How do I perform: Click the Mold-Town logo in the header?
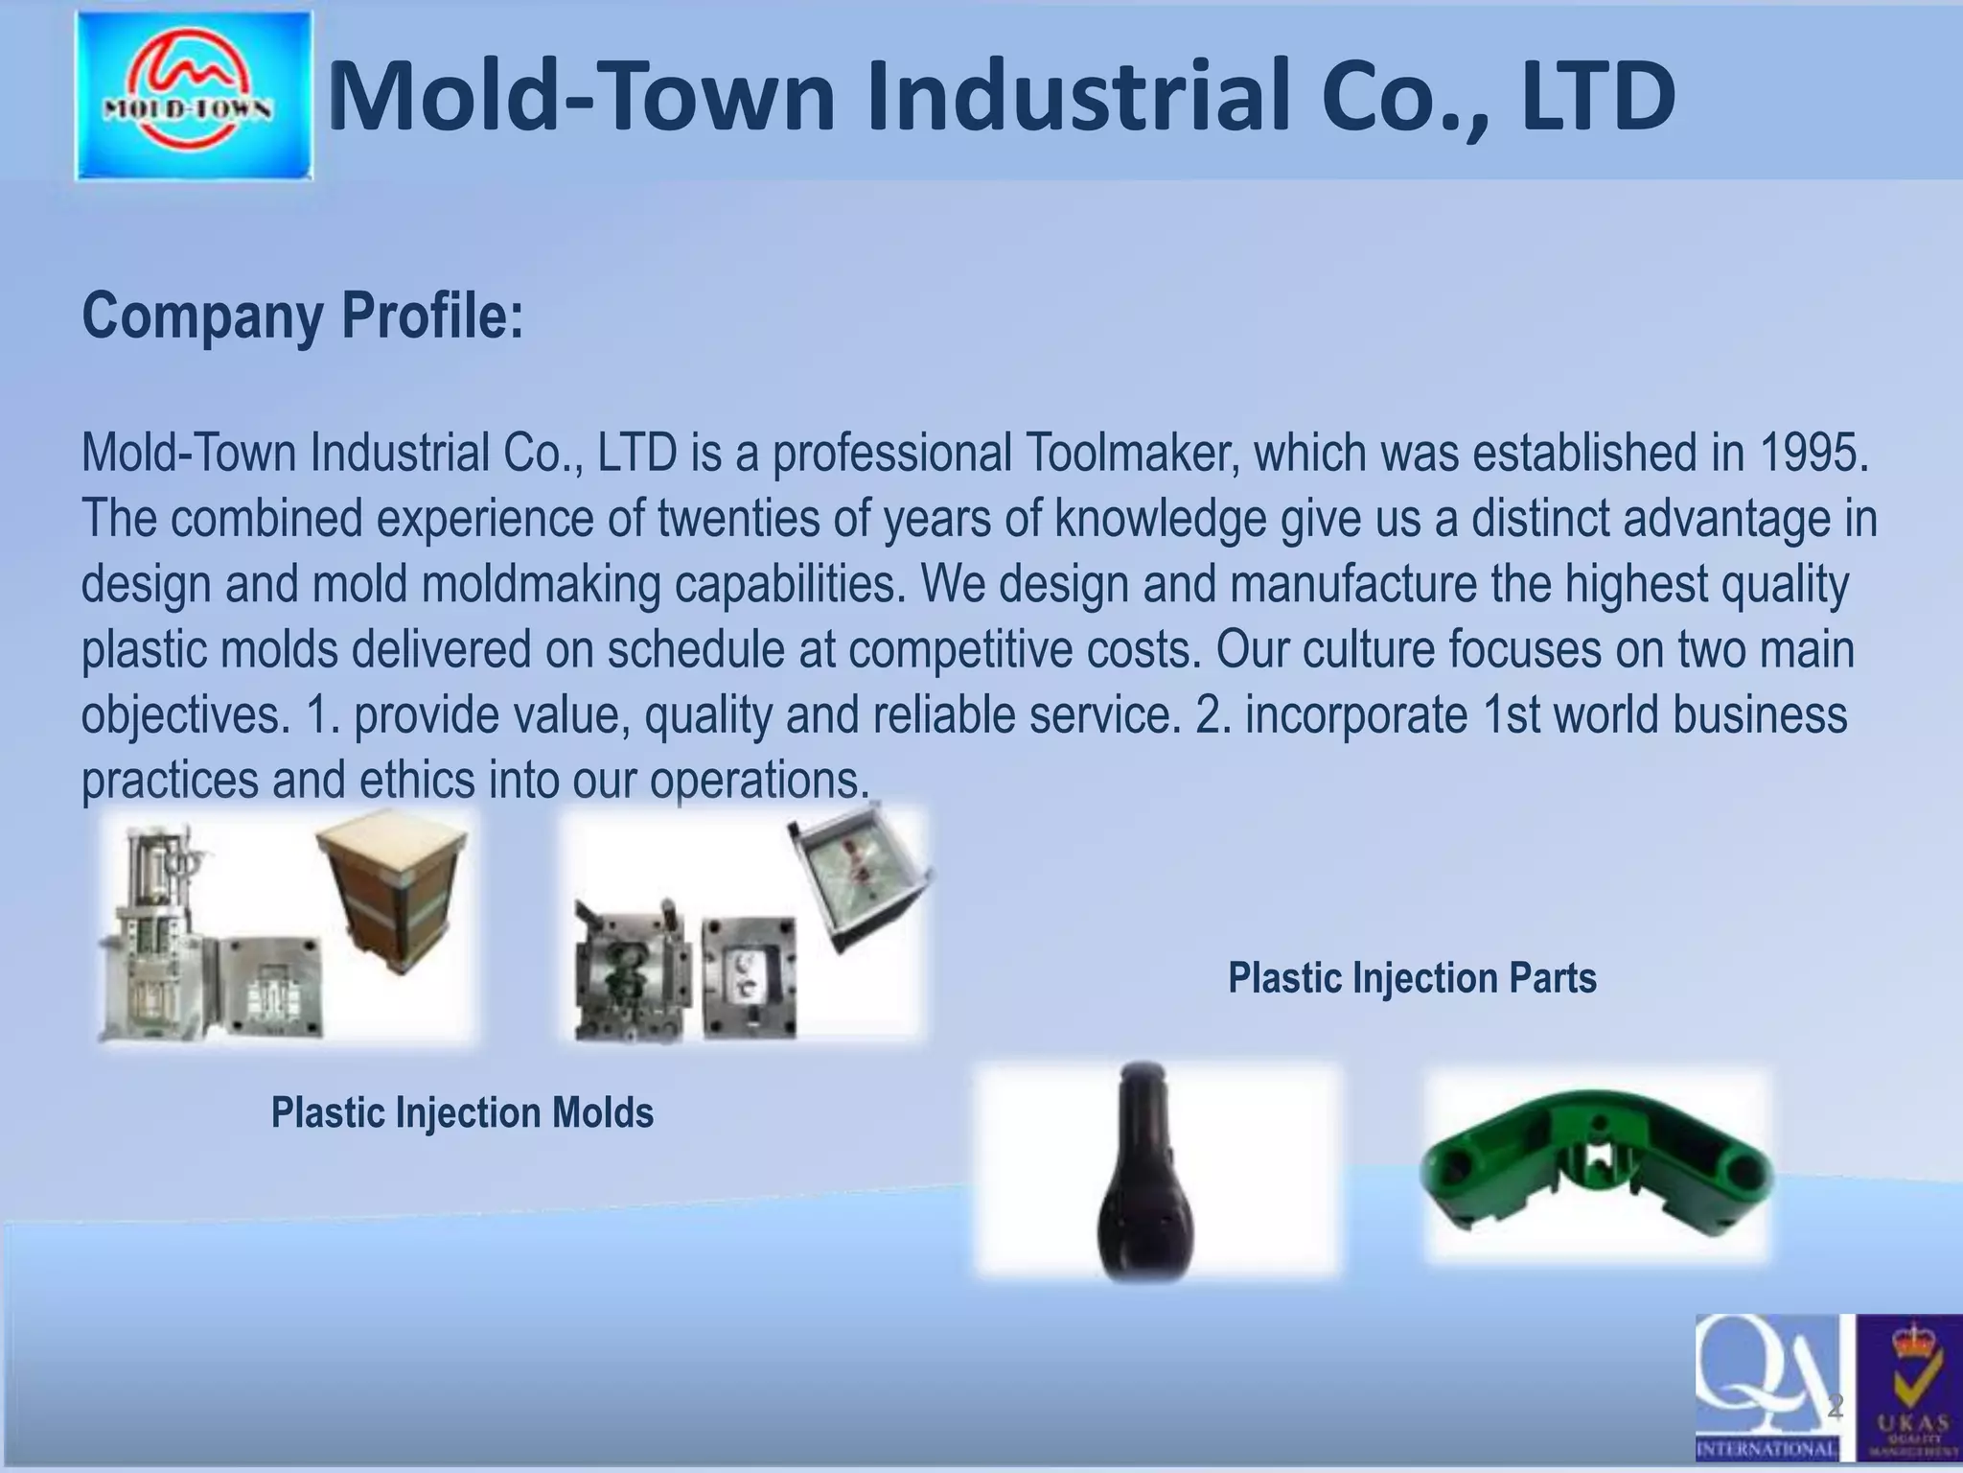coord(195,96)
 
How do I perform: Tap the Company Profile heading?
coord(303,316)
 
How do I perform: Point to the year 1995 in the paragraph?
coord(1813,453)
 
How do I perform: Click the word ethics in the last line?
coord(417,780)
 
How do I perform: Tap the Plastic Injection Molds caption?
coord(462,1112)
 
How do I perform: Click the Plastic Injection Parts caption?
coord(1412,978)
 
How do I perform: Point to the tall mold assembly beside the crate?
coord(156,921)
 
